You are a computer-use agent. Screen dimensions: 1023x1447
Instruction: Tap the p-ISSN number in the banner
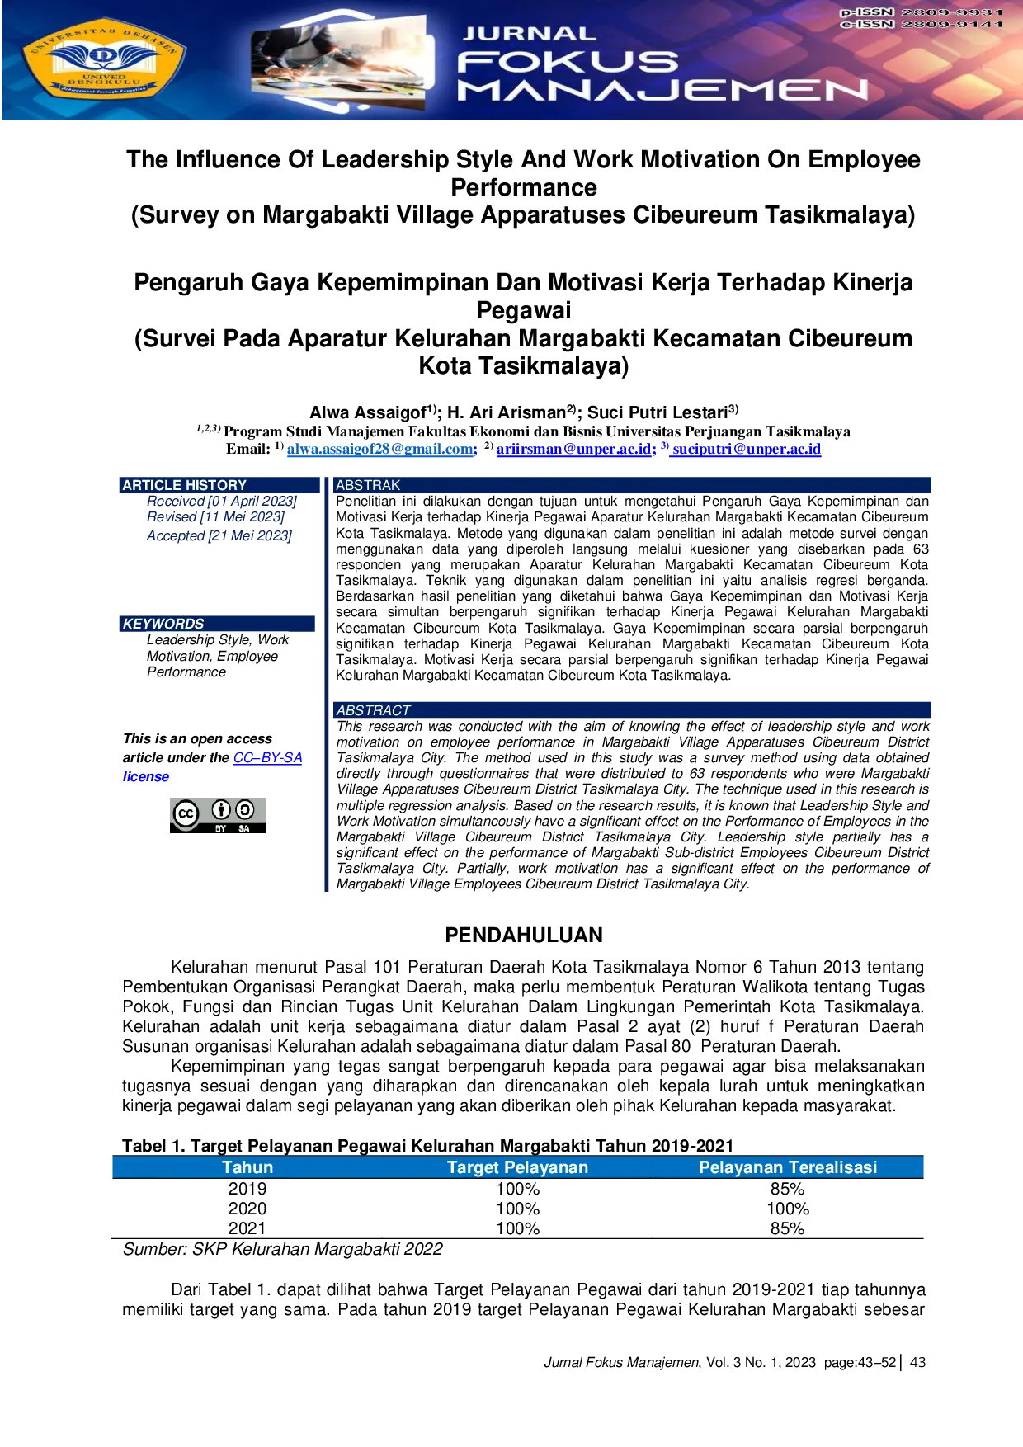pyautogui.click(x=922, y=12)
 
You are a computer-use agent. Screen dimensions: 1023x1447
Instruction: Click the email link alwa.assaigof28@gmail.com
pyautogui.click(x=382, y=449)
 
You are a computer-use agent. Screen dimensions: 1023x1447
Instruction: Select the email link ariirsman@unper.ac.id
pyautogui.click(x=576, y=449)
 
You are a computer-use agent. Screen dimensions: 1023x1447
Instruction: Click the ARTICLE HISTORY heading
pyautogui.click(x=185, y=485)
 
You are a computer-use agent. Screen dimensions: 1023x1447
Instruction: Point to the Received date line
pyautogui.click(x=222, y=501)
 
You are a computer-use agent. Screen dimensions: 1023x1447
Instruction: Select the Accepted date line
pyautogui.click(x=219, y=535)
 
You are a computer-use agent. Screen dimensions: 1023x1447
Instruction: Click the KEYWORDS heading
pyautogui.click(x=163, y=624)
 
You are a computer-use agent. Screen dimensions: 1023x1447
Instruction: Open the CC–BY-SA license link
pyautogui.click(x=268, y=757)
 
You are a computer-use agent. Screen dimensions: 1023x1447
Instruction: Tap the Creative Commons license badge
pyautogui.click(x=218, y=815)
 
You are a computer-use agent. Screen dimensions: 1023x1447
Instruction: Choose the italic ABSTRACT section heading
pyautogui.click(x=373, y=710)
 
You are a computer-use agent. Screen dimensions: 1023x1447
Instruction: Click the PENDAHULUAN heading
pyautogui.click(x=524, y=935)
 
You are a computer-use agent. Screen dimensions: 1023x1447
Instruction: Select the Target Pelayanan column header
pyautogui.click(x=517, y=1167)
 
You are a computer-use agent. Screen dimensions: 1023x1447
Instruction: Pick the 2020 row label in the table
pyautogui.click(x=247, y=1209)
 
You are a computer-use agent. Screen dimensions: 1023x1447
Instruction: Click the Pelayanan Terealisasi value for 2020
pyautogui.click(x=788, y=1209)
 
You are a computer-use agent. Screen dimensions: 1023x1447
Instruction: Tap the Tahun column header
pyautogui.click(x=247, y=1167)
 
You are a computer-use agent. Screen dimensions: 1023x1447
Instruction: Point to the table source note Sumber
pyautogui.click(x=283, y=1249)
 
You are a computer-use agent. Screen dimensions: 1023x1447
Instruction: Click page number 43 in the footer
pyautogui.click(x=917, y=1362)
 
